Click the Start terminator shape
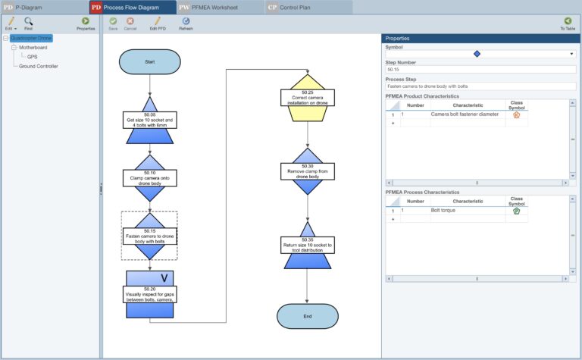pyautogui.click(x=149, y=62)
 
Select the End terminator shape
pyautogui.click(x=307, y=316)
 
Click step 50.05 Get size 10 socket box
pyautogui.click(x=149, y=121)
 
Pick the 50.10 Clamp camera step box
pyautogui.click(x=149, y=177)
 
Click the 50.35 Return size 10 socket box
pyautogui.click(x=307, y=245)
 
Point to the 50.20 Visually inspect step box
pyautogui.click(x=149, y=294)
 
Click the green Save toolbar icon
pyautogui.click(x=113, y=22)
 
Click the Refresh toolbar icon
pyautogui.click(x=186, y=22)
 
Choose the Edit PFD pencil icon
pyautogui.click(x=158, y=22)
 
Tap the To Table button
pyautogui.click(x=568, y=22)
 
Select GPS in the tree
pyautogui.click(x=33, y=56)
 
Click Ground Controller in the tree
pyautogui.click(x=39, y=66)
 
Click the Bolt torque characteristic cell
pyautogui.click(x=467, y=210)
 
